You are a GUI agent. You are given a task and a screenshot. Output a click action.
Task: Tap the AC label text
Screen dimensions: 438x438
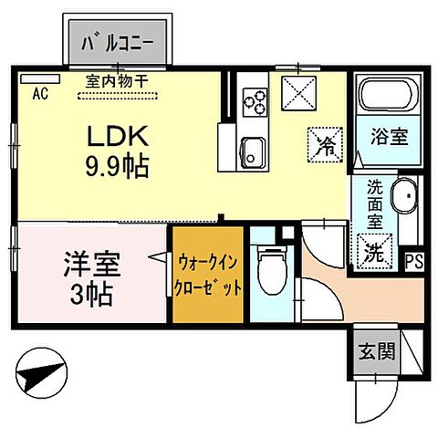tap(39, 92)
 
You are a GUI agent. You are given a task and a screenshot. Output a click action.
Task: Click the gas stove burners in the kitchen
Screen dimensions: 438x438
tap(253, 100)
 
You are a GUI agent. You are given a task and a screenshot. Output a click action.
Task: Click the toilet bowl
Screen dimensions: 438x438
tap(270, 272)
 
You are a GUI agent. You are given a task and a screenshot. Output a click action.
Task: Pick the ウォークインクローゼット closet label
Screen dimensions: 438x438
tap(209, 272)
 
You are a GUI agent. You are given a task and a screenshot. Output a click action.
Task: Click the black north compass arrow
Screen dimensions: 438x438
tap(43, 375)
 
